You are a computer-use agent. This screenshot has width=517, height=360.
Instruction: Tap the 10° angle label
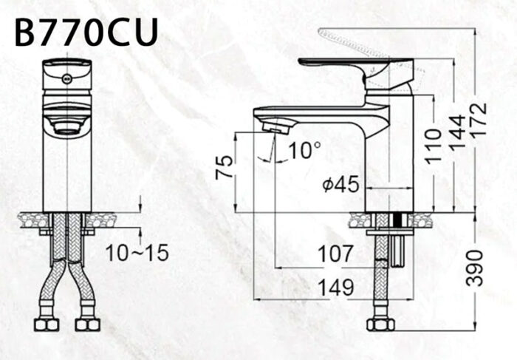pyautogui.click(x=304, y=151)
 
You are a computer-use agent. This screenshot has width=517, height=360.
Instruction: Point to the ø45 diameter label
pyautogui.click(x=340, y=185)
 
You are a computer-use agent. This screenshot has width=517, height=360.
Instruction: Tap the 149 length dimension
pyautogui.click(x=336, y=288)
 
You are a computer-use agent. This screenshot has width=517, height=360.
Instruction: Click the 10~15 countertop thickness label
pyautogui.click(x=136, y=253)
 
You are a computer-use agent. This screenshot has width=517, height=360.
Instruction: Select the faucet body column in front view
pyautogui.click(x=67, y=170)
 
